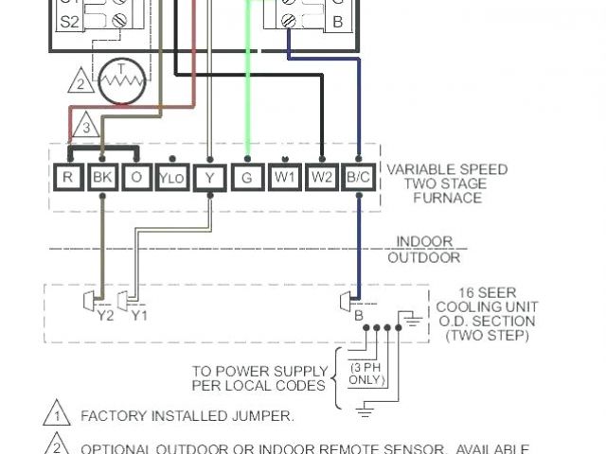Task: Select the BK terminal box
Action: (x=100, y=177)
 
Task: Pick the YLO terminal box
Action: (x=170, y=177)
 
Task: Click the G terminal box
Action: (x=247, y=177)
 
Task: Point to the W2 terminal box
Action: (x=323, y=177)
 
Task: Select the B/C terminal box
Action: (x=358, y=177)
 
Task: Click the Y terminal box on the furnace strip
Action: (x=208, y=177)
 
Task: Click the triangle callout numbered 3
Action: (x=85, y=127)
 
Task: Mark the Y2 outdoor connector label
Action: (x=105, y=315)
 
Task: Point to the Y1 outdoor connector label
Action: (x=139, y=315)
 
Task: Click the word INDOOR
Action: (x=424, y=242)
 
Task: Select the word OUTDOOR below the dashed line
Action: (x=424, y=257)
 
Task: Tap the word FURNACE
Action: (x=447, y=198)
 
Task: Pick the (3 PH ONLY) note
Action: (x=367, y=374)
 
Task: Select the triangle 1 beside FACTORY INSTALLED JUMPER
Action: (x=57, y=415)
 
